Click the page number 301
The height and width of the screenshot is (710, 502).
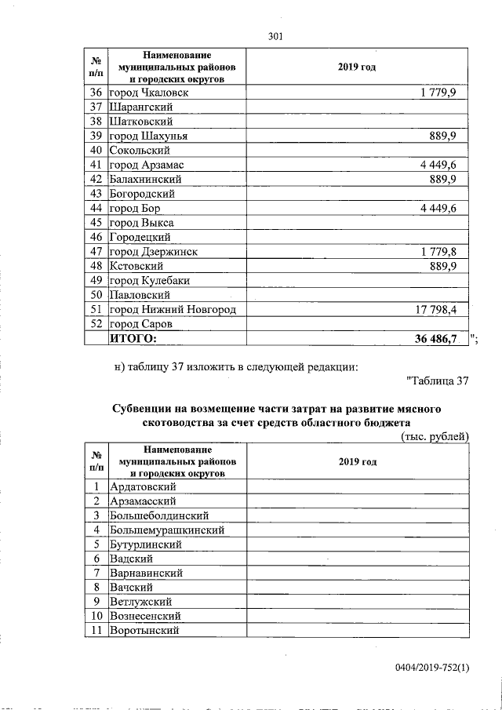pyautogui.click(x=275, y=36)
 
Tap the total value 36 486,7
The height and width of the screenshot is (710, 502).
pyautogui.click(x=435, y=338)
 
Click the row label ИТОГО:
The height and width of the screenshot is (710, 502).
pyautogui.click(x=133, y=338)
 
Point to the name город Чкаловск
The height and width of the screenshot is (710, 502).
pyautogui.click(x=148, y=93)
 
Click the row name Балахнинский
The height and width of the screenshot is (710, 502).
pyautogui.click(x=140, y=180)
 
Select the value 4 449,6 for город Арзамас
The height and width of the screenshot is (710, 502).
pyautogui.click(x=444, y=165)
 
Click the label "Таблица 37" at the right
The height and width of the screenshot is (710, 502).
pyautogui.click(x=438, y=381)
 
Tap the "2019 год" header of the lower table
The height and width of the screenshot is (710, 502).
pyautogui.click(x=358, y=461)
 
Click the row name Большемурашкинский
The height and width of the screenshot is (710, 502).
pyautogui.click(x=167, y=530)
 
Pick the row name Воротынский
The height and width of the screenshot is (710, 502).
pyautogui.click(x=145, y=630)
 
